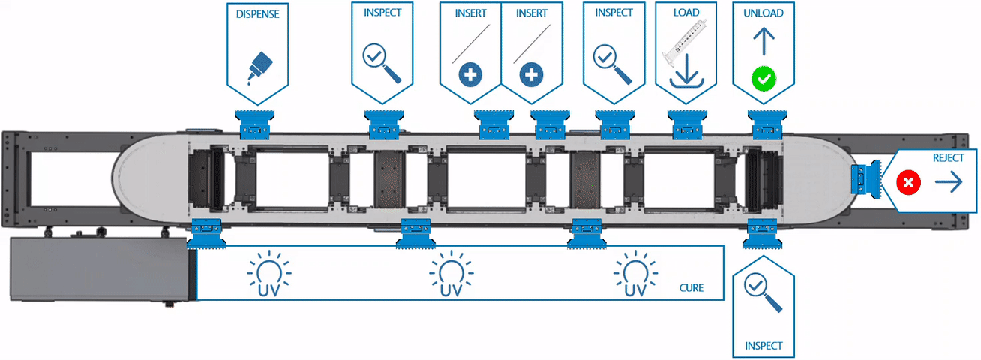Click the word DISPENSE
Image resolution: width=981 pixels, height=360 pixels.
coord(257,13)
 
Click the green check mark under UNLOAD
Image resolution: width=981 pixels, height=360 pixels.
coord(763,76)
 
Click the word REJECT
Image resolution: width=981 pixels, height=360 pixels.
coord(948,158)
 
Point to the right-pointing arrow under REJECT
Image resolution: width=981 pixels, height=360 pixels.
coord(949,182)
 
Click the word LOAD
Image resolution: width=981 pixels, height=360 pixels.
coord(686,13)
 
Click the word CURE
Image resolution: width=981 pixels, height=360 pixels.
coord(691,287)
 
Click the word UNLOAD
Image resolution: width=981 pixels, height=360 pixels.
coord(763,13)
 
